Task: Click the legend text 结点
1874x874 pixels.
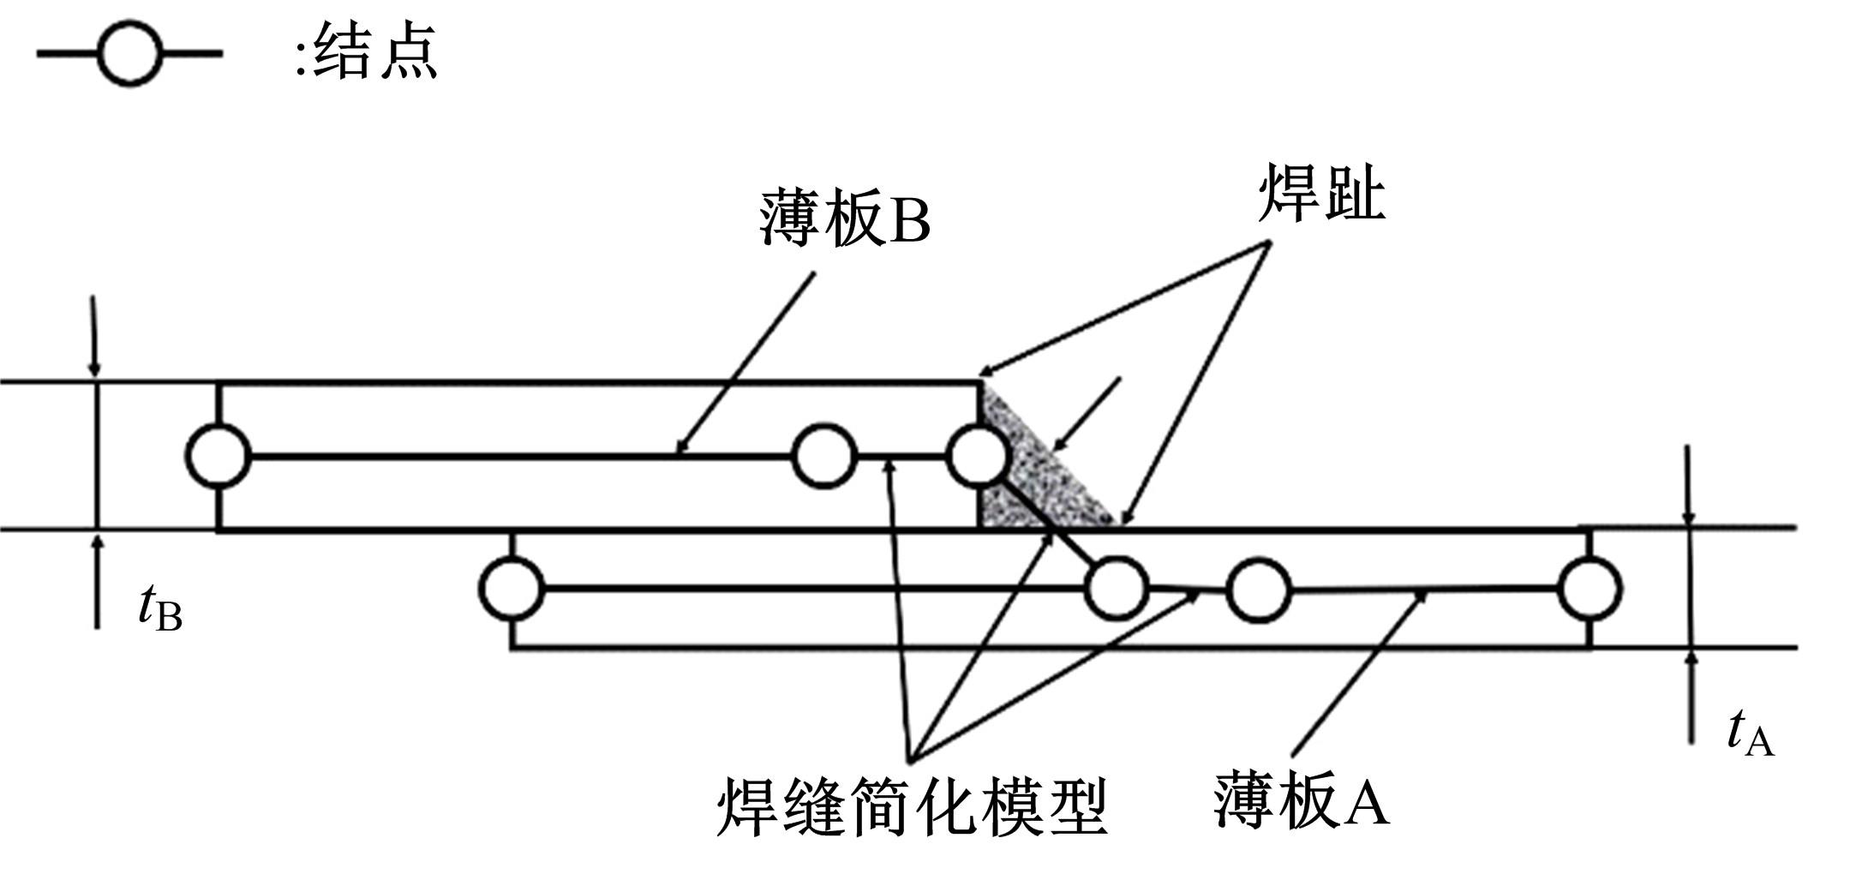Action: (x=374, y=51)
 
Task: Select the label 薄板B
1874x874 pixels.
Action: (x=844, y=220)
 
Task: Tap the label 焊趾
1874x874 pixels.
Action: (x=1321, y=194)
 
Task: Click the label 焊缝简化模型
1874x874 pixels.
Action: (x=912, y=806)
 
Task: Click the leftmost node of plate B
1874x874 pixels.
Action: (x=219, y=456)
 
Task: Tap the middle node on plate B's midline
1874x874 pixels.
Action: (x=823, y=456)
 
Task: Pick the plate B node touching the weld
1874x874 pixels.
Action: (x=978, y=456)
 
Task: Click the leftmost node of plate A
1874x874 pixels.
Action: (x=512, y=589)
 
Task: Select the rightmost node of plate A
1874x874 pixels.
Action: (x=1590, y=589)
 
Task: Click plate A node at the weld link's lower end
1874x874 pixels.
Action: (x=1117, y=589)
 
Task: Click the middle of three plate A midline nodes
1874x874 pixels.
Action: (x=1258, y=589)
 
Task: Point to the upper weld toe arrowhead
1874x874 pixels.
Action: (x=985, y=372)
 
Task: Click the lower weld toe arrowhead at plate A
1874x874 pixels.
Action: (x=1124, y=518)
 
